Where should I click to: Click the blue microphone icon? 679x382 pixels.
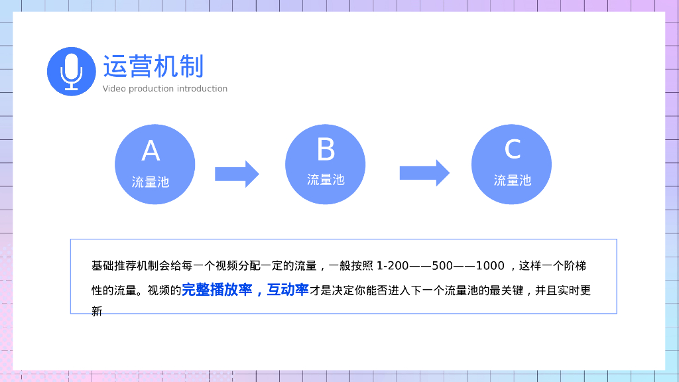point(71,72)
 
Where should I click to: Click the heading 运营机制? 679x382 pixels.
point(153,67)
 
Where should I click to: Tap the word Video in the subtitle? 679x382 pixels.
point(114,89)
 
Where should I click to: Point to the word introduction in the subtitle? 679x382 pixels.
point(202,89)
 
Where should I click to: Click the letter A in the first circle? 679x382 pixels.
point(151,152)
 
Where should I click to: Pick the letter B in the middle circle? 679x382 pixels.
point(326,150)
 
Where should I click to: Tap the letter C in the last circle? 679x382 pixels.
point(512,149)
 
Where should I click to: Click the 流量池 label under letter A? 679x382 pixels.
point(151,182)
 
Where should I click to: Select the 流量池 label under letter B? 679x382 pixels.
point(326,180)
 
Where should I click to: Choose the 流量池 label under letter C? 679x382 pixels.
point(512,180)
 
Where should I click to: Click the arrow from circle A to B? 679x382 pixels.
point(237,174)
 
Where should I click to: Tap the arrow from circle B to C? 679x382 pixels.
point(424,173)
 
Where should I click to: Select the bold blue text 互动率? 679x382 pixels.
point(288,290)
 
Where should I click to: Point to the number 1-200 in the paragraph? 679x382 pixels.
point(393,266)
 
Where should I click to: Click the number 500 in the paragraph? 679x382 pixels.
point(442,266)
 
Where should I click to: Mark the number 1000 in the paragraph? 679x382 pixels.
point(490,266)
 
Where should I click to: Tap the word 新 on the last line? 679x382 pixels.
point(97,311)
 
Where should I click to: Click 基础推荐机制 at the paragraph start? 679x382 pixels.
point(123,266)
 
